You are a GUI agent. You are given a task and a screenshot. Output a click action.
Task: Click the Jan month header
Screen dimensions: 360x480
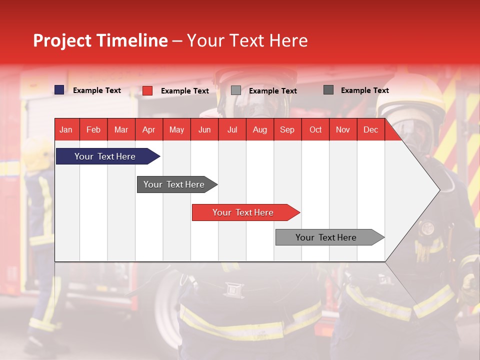point(66,129)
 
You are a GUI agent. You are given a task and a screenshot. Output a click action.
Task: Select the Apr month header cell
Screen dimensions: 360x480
point(149,129)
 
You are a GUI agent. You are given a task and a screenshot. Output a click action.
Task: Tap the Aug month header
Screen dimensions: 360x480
point(260,129)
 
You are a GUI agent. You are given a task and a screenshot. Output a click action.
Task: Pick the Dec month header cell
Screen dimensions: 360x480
point(370,129)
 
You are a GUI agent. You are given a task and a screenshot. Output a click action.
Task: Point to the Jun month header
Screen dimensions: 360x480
point(204,129)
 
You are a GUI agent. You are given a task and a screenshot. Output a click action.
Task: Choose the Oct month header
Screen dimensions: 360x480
point(315,129)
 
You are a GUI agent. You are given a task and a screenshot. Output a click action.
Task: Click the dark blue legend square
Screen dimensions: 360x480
point(59,90)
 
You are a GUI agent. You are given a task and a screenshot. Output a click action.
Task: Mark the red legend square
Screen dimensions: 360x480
point(147,90)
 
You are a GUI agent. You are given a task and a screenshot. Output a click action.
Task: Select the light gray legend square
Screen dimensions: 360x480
point(236,90)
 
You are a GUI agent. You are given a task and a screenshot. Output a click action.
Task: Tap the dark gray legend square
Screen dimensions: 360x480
point(328,90)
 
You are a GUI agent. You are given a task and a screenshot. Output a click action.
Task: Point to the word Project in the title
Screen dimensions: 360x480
point(62,40)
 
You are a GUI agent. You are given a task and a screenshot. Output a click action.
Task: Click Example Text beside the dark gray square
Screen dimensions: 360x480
point(364,90)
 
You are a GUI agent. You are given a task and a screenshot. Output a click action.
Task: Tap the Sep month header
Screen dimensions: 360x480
point(287,129)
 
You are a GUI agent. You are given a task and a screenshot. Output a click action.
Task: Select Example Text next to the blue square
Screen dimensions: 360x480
point(97,90)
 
